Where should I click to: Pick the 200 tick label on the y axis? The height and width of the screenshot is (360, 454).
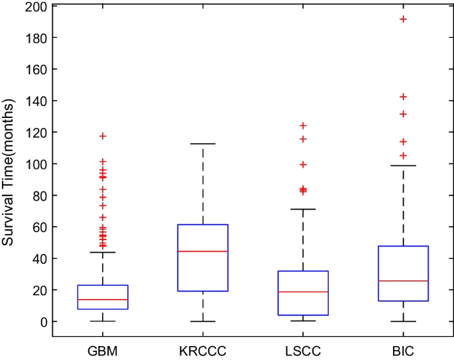click(36, 7)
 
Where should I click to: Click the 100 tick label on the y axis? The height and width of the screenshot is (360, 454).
click(36, 164)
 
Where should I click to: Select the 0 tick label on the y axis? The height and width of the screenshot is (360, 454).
click(42, 322)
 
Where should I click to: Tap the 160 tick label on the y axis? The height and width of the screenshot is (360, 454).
click(36, 70)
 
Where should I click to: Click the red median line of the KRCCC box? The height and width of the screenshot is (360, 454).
click(202, 251)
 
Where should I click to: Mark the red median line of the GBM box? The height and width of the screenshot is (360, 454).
click(103, 300)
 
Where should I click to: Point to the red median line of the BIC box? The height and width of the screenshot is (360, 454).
click(402, 280)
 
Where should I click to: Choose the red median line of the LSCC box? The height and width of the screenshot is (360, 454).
click(302, 292)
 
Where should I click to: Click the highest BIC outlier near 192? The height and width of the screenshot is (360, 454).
click(402, 19)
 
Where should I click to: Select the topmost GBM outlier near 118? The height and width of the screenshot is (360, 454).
click(103, 136)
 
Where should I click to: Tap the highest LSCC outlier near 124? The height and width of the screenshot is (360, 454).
click(302, 125)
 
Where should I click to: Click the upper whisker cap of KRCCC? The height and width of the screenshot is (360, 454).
click(202, 144)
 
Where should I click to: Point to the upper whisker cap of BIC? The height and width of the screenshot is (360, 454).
click(402, 166)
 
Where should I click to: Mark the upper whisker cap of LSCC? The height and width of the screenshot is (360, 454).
click(302, 209)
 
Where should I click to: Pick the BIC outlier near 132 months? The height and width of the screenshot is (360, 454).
click(402, 114)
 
